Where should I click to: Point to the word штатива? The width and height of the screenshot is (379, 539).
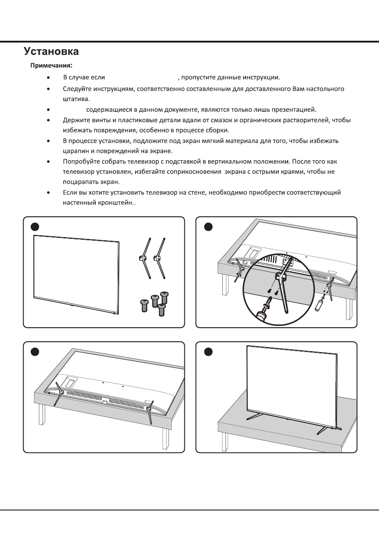pos(76,99)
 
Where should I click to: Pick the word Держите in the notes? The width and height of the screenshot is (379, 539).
pos(74,121)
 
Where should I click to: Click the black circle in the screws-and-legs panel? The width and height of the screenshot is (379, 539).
pos(33,226)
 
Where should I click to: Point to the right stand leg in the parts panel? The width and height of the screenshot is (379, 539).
pos(158,258)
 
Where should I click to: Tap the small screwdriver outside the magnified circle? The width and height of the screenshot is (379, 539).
pos(319,303)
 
